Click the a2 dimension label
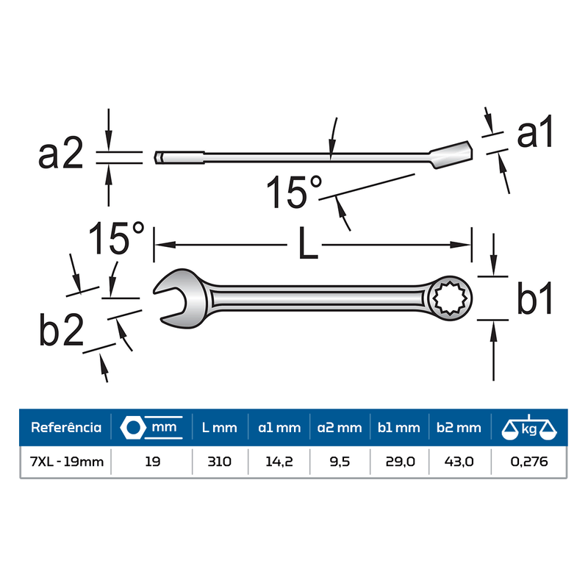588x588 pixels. (61, 153)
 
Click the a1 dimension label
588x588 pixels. (534, 132)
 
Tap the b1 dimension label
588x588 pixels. (534, 298)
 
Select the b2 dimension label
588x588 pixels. (62, 329)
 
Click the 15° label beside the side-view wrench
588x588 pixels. (294, 192)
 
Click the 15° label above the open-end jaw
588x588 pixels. (117, 238)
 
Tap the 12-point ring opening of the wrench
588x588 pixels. (449, 298)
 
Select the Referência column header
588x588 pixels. (66, 428)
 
